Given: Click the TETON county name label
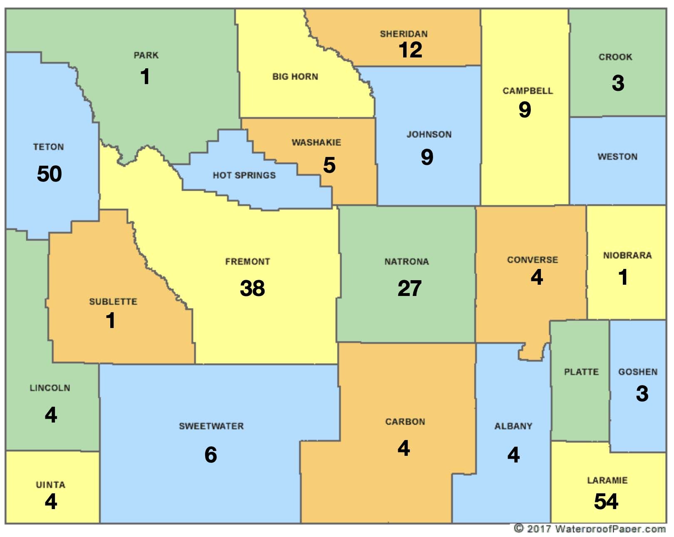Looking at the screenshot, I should click(49, 147).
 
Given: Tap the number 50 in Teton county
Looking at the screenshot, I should click(49, 174).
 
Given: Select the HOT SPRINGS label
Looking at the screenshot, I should click(244, 175).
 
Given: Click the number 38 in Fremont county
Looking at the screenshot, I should click(252, 288).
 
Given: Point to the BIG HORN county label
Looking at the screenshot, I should click(295, 77).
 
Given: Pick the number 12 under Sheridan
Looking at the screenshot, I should click(410, 50).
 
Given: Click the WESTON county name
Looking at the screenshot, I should click(617, 157).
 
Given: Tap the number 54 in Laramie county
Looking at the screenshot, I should click(606, 501).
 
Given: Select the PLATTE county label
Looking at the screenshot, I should click(581, 372).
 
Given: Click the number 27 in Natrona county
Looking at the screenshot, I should click(409, 288).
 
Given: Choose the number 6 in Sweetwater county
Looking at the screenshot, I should click(211, 455).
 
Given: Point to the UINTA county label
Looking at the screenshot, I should click(50, 485).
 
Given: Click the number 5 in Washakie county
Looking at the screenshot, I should click(329, 165).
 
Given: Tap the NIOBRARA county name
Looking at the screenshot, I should click(627, 255).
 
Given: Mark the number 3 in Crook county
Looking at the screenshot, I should click(618, 83).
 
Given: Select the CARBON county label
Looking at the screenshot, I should click(405, 422).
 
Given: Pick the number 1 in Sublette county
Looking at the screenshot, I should click(110, 321).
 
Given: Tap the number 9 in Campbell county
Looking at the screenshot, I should click(525, 109).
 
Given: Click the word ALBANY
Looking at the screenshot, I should click(513, 426).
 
